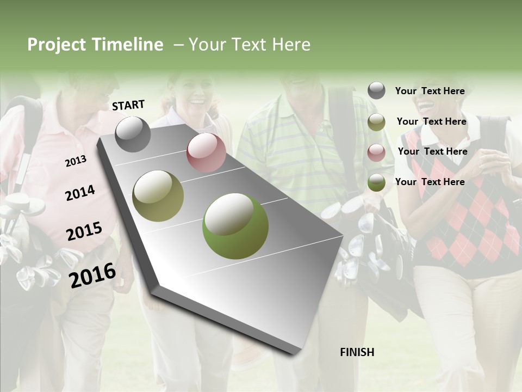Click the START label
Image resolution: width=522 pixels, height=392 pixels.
coord(128,105)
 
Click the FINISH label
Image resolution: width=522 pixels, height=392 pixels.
coord(357,352)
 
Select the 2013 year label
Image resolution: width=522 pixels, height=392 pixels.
coord(76,161)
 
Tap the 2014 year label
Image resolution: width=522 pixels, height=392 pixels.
coord(80,193)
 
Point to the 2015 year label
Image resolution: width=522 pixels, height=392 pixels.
coord(84,231)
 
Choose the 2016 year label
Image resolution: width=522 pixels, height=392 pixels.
coord(92,275)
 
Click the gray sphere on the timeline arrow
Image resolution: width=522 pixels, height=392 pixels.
coord(133,134)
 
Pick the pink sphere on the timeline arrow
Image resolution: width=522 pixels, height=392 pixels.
coord(206,152)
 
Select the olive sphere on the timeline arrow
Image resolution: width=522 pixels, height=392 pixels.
coord(158,196)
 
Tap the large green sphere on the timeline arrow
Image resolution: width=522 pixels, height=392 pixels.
coord(235,226)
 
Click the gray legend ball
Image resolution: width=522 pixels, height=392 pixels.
coord(376,90)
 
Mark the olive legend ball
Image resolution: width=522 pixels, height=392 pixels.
coord(376,122)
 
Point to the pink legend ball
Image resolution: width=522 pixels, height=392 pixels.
coord(376,152)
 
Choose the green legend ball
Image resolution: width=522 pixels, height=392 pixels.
coord(376,182)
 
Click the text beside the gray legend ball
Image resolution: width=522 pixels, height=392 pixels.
coord(430,91)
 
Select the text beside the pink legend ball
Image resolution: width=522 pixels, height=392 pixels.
coord(432,151)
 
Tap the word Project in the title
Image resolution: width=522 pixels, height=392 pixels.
coord(57,45)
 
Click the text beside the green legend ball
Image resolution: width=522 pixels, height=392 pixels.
coord(430,182)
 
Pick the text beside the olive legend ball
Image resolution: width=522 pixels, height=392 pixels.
coord(431,121)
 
